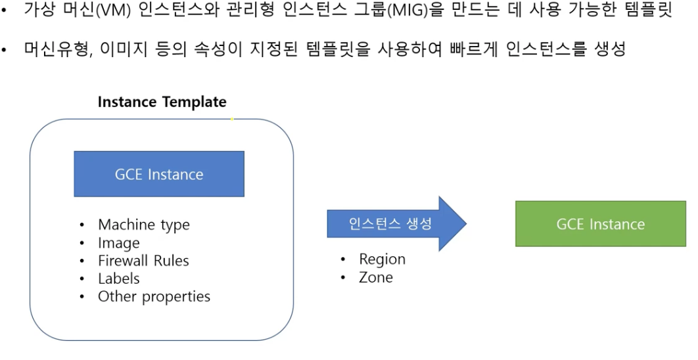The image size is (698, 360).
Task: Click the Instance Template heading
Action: tap(162, 102)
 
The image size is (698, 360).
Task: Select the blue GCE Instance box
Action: tap(159, 174)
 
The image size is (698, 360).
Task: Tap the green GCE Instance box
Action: tap(600, 224)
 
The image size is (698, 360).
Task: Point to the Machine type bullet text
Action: tap(143, 225)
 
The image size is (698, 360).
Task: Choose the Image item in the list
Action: tap(118, 243)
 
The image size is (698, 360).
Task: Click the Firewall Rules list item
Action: tap(143, 261)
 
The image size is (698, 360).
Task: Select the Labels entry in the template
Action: tap(118, 279)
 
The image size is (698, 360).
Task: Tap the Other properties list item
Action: tap(154, 296)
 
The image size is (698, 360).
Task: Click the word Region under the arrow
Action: tap(382, 259)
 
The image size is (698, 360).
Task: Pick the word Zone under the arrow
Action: tap(375, 277)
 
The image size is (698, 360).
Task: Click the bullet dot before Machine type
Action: tap(82, 225)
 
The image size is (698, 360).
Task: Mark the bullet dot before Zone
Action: tap(343, 278)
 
